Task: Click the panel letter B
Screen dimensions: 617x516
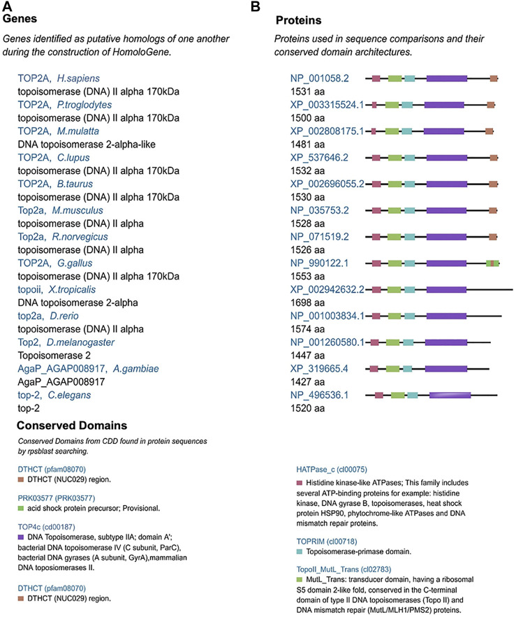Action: click(x=256, y=6)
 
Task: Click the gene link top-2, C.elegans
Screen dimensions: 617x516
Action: click(x=52, y=395)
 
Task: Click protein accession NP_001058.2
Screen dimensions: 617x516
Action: click(x=323, y=78)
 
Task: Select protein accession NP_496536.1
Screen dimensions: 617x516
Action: click(x=323, y=395)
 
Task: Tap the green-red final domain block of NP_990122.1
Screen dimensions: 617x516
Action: click(x=492, y=263)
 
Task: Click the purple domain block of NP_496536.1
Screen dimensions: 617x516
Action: click(x=450, y=395)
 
